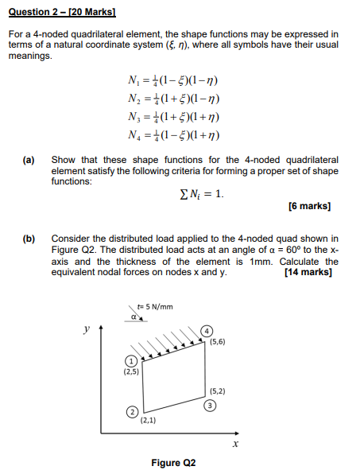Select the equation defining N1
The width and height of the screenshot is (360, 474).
(x=166, y=81)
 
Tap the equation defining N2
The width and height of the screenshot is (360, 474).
(x=166, y=98)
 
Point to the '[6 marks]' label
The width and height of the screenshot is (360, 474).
(x=309, y=207)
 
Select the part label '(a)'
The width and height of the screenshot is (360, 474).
(x=29, y=160)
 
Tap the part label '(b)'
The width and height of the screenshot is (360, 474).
(x=29, y=238)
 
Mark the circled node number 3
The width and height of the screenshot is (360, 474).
(x=209, y=404)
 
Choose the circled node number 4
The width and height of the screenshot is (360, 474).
(x=207, y=330)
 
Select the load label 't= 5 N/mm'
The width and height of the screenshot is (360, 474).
(x=155, y=306)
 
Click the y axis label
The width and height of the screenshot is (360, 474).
(x=87, y=328)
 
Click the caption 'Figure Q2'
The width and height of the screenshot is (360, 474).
(x=172, y=463)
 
